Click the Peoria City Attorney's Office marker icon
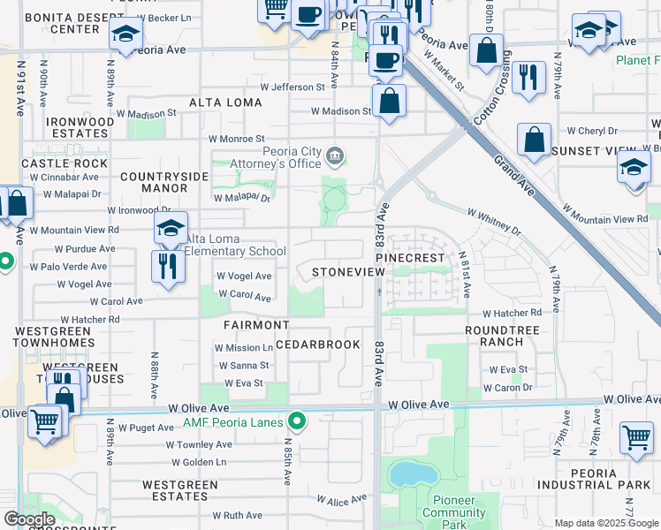click(335, 157)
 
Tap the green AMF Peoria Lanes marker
click(298, 421)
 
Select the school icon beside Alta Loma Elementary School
click(171, 229)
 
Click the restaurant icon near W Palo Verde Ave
click(166, 265)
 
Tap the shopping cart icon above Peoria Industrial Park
click(636, 437)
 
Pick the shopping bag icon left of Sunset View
click(534, 140)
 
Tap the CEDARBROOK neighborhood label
click(318, 344)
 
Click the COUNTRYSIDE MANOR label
click(165, 182)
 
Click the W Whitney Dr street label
click(494, 221)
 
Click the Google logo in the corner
click(29, 519)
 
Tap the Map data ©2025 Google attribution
click(606, 523)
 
